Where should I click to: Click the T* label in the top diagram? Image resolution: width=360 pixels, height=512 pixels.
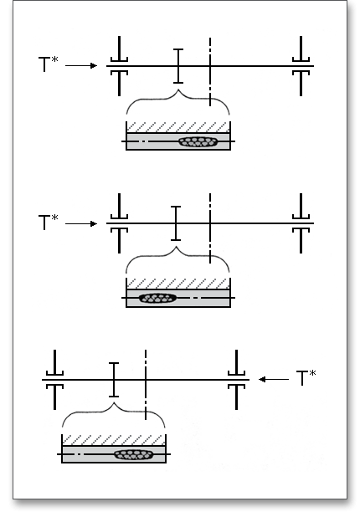pyautogui.click(x=49, y=64)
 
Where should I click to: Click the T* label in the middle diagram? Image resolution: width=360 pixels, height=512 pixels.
pyautogui.click(x=49, y=222)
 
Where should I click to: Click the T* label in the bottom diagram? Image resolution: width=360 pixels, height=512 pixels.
pyautogui.click(x=306, y=378)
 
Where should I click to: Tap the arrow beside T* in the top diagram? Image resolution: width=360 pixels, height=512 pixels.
pyautogui.click(x=81, y=65)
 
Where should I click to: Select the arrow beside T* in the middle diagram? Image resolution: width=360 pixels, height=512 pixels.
pyautogui.click(x=81, y=223)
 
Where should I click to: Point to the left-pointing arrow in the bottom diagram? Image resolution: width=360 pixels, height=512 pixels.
pyautogui.click(x=274, y=379)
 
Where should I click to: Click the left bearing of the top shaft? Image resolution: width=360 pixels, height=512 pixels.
pyautogui.click(x=119, y=66)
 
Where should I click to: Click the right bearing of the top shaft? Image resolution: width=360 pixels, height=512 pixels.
pyautogui.click(x=301, y=66)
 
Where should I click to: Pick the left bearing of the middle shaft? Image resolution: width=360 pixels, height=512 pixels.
pyautogui.click(x=119, y=223)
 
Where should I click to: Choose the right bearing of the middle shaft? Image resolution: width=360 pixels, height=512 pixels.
pyautogui.click(x=301, y=223)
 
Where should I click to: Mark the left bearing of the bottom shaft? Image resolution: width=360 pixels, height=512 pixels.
pyautogui.click(x=55, y=380)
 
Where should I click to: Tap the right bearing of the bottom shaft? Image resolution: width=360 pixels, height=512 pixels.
pyautogui.click(x=237, y=380)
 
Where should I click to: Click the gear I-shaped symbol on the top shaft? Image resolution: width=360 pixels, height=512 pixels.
pyautogui.click(x=178, y=66)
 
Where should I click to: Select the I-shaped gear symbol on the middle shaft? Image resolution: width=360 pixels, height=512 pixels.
pyautogui.click(x=176, y=223)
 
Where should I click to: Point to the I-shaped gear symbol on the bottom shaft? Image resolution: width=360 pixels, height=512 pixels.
pyautogui.click(x=114, y=380)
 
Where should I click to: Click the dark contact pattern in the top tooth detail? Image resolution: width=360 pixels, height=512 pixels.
pyautogui.click(x=198, y=141)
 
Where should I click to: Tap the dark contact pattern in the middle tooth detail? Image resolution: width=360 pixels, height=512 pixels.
pyautogui.click(x=157, y=298)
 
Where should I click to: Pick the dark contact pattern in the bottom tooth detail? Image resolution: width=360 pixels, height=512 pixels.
pyautogui.click(x=134, y=454)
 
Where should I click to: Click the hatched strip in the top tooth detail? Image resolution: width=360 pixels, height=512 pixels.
pyautogui.click(x=178, y=127)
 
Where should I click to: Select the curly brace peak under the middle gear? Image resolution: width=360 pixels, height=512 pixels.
pyautogui.click(x=177, y=248)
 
